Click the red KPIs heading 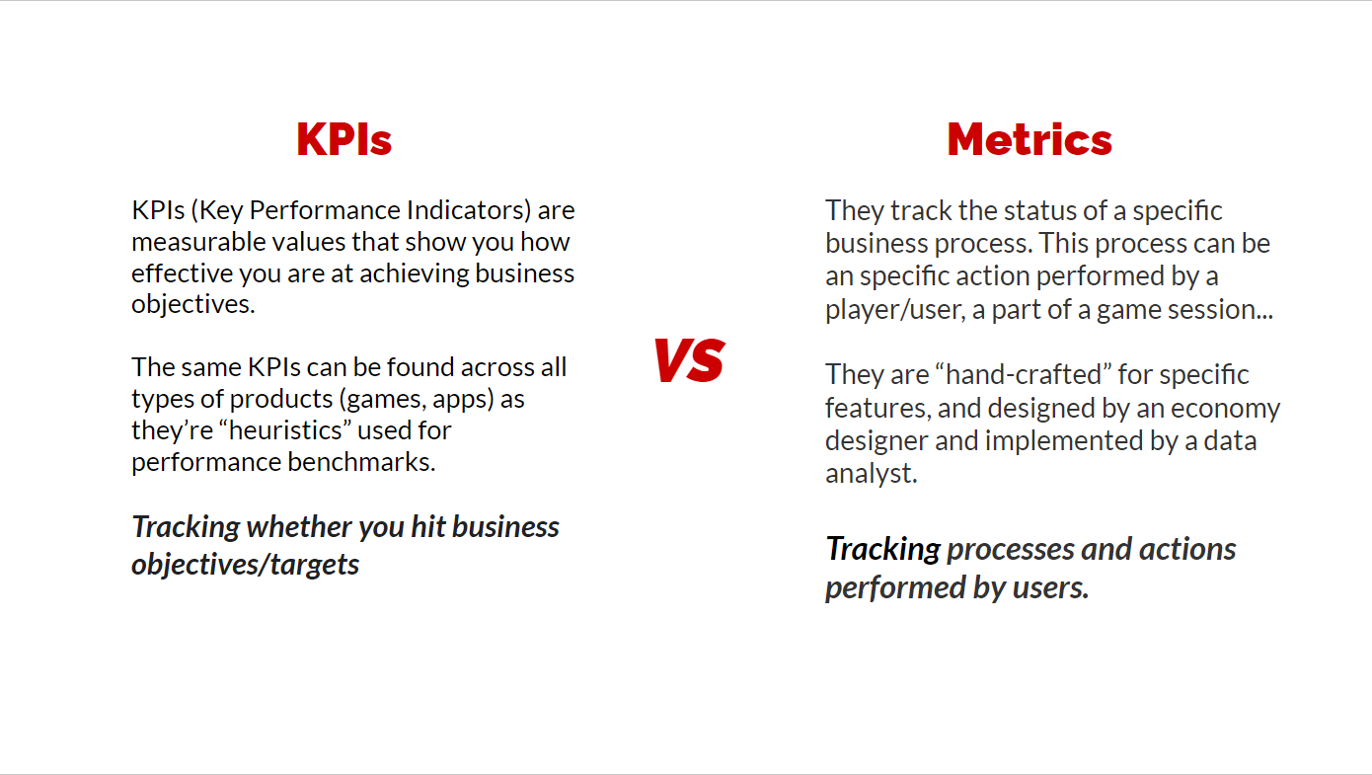point(343,139)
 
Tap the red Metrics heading point(1029,139)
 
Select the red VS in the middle point(690,360)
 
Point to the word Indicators point(469,210)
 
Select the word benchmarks point(361,462)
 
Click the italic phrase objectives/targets point(245,565)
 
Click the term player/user point(895,310)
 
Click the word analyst point(871,474)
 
